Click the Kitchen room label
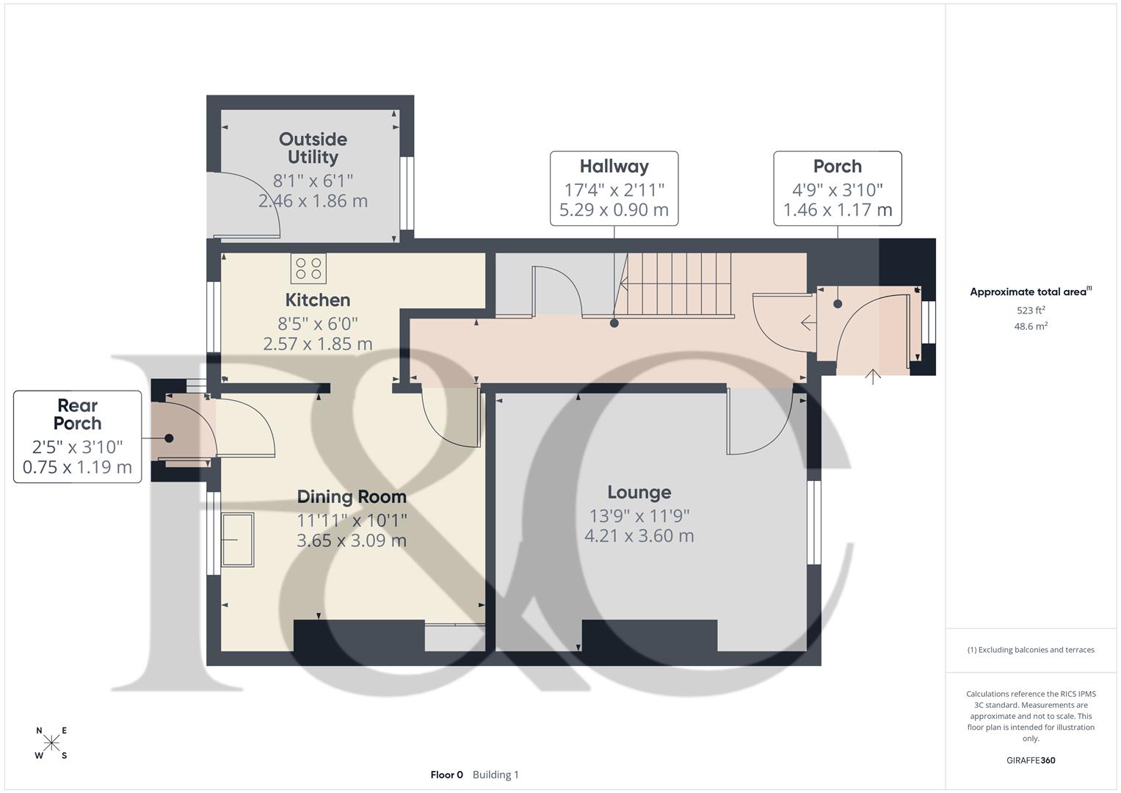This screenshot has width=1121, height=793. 317,300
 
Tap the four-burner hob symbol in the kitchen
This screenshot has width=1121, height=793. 308,268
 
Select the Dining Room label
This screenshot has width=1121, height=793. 352,497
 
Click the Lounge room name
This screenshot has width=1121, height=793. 639,493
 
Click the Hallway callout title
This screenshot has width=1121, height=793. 614,167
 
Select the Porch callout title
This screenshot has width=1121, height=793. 837,167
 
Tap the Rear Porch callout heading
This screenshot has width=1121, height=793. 77,414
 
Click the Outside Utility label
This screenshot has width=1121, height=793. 313,148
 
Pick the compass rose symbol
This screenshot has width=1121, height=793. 51,742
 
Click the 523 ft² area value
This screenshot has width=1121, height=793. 1031,311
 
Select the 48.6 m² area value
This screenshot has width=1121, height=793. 1031,327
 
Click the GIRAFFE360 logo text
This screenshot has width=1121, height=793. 1031,760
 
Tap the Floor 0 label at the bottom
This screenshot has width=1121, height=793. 446,775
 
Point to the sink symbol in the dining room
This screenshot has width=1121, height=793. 237,540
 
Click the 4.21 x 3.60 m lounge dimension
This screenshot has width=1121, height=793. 639,536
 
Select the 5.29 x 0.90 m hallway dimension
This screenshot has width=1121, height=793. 614,210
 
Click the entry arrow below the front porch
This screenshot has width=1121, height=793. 872,377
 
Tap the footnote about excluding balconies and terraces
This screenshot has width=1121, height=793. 1031,650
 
